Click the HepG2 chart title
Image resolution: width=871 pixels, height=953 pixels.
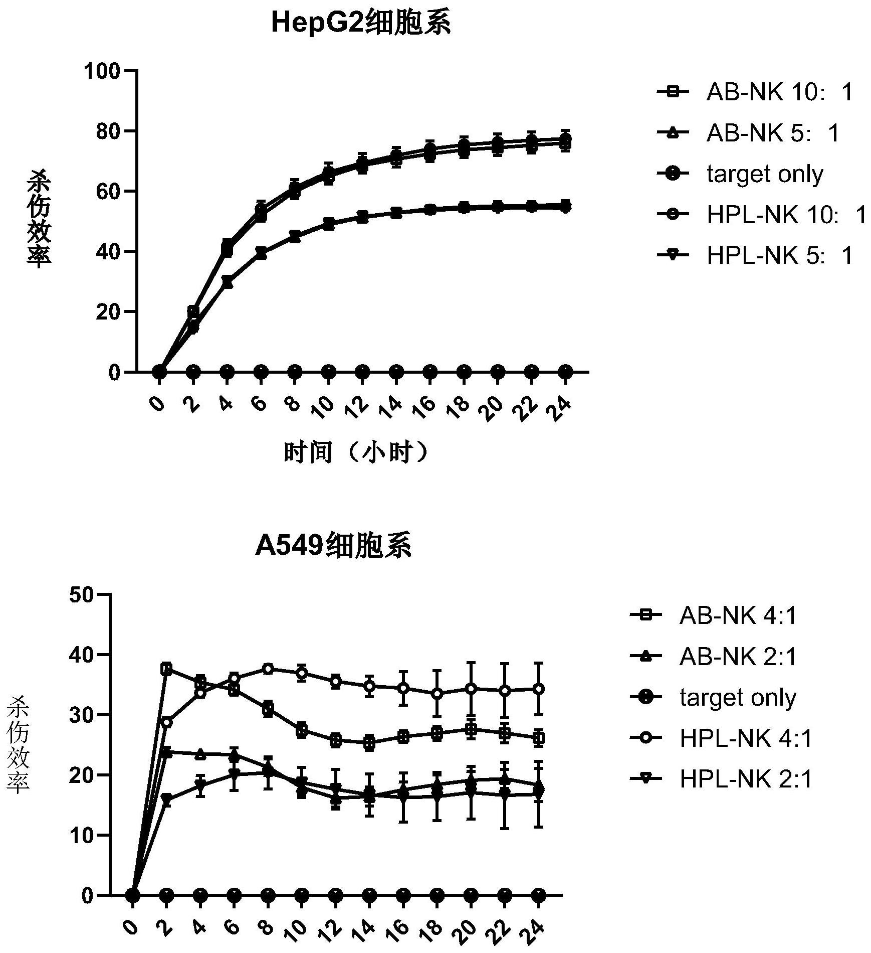[x=360, y=24]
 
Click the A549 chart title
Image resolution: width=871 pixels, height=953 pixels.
[x=333, y=546]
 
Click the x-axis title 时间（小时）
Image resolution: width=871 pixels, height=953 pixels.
[x=357, y=452]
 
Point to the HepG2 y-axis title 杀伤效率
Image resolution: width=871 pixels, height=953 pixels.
[x=39, y=219]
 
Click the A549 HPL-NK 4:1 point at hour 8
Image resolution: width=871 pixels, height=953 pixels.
[x=268, y=669]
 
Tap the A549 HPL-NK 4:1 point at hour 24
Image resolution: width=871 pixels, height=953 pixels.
[x=539, y=689]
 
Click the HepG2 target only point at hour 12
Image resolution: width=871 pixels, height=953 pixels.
[x=362, y=372]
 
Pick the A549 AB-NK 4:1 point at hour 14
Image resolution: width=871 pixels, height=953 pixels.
[x=370, y=743]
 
